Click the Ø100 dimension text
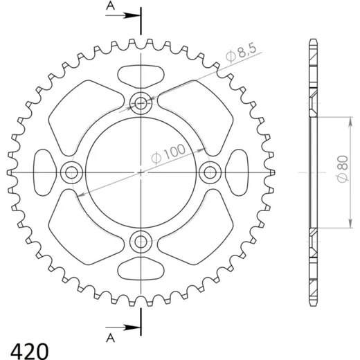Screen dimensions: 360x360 [x=168, y=154]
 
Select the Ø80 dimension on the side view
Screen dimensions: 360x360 [x=343, y=169]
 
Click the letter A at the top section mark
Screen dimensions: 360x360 [x=110, y=6]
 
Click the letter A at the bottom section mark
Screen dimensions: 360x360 [x=110, y=338]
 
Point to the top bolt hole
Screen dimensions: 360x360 [x=141, y=103]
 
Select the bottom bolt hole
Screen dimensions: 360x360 [x=141, y=242]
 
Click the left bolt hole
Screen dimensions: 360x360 [x=71, y=172]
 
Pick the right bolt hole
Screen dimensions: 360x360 [x=210, y=172]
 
